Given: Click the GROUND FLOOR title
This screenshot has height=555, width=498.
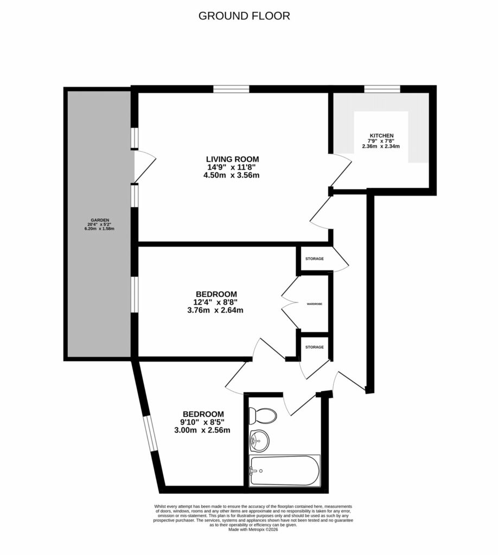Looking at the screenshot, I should point(244,16).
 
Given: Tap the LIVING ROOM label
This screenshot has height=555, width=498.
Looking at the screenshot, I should point(232,159).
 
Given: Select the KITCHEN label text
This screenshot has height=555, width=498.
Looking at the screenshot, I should point(381,135).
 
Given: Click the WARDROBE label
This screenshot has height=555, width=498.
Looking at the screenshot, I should point(315,305).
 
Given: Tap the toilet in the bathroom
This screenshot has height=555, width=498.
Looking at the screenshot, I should point(263,416).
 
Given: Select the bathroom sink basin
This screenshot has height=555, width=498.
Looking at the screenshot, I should point(259,440).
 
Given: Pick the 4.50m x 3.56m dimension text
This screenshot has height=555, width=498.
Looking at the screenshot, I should point(232,175).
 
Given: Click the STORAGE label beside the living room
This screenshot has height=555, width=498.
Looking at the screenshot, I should point(315,259).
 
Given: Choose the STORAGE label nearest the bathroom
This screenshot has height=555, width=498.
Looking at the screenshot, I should point(315,347).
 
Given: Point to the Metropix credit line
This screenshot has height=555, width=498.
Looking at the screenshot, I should point(253,530).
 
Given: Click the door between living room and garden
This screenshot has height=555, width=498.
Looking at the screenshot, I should point(142,167).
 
